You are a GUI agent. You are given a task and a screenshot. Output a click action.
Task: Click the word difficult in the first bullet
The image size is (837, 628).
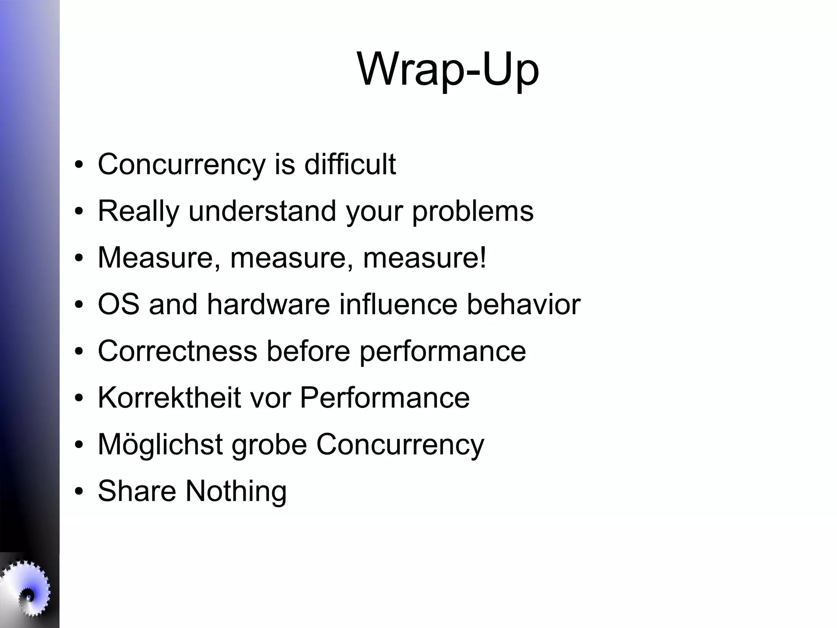[350, 164]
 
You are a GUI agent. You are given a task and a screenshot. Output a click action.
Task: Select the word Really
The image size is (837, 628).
[139, 212]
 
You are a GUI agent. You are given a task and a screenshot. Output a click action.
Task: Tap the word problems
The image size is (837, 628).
[472, 212]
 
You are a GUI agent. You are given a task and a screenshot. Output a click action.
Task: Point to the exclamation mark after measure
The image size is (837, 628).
[483, 258]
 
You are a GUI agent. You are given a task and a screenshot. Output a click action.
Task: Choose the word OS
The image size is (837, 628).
[118, 305]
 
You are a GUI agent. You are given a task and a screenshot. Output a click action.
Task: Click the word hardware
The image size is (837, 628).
[268, 305]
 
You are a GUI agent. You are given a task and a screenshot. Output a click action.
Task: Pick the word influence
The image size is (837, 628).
[398, 305]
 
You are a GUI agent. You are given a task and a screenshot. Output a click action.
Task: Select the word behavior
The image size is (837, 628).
[524, 305]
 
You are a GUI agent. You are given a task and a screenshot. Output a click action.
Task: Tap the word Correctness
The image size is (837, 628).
[177, 351]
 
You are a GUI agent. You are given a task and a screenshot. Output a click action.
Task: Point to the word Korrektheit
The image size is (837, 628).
[169, 398]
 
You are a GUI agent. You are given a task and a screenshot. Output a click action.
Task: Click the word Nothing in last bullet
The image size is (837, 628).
[236, 491]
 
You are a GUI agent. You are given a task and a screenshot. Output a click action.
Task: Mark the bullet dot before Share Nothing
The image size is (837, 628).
[79, 492]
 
